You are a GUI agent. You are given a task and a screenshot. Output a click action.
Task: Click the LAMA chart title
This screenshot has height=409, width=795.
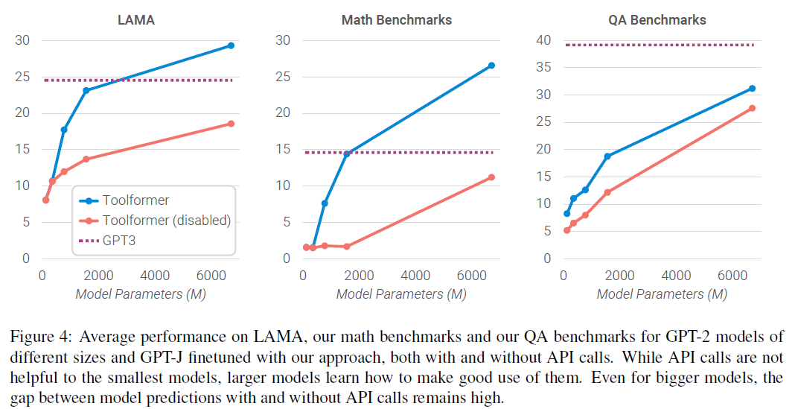point(137,20)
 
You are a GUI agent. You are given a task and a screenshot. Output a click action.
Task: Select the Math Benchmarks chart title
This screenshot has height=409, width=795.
point(397,20)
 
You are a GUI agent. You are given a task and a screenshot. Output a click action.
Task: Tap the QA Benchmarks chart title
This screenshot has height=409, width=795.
point(657,20)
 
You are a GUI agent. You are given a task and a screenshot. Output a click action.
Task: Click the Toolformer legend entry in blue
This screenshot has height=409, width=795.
point(135,200)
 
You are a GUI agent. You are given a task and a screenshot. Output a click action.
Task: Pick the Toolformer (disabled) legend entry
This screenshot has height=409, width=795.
point(166,221)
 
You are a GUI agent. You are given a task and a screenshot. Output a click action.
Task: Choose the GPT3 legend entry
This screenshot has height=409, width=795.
point(119,241)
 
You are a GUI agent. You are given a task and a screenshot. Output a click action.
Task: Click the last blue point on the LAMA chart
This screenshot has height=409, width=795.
point(231,45)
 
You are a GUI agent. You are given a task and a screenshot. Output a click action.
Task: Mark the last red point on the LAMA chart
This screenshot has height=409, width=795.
point(231,124)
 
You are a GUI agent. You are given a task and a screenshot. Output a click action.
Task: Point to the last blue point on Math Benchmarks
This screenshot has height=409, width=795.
point(491,66)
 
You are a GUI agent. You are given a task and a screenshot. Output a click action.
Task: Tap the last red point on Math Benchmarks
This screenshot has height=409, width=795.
point(491,177)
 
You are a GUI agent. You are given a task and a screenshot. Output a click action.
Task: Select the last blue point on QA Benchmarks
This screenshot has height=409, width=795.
point(752,88)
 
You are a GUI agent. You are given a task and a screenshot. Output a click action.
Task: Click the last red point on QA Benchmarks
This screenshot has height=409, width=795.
point(752,108)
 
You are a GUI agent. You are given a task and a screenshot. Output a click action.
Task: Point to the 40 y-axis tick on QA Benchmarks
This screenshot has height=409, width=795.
point(543,40)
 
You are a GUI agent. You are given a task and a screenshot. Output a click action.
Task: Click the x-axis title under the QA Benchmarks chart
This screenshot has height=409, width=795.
point(662,294)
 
